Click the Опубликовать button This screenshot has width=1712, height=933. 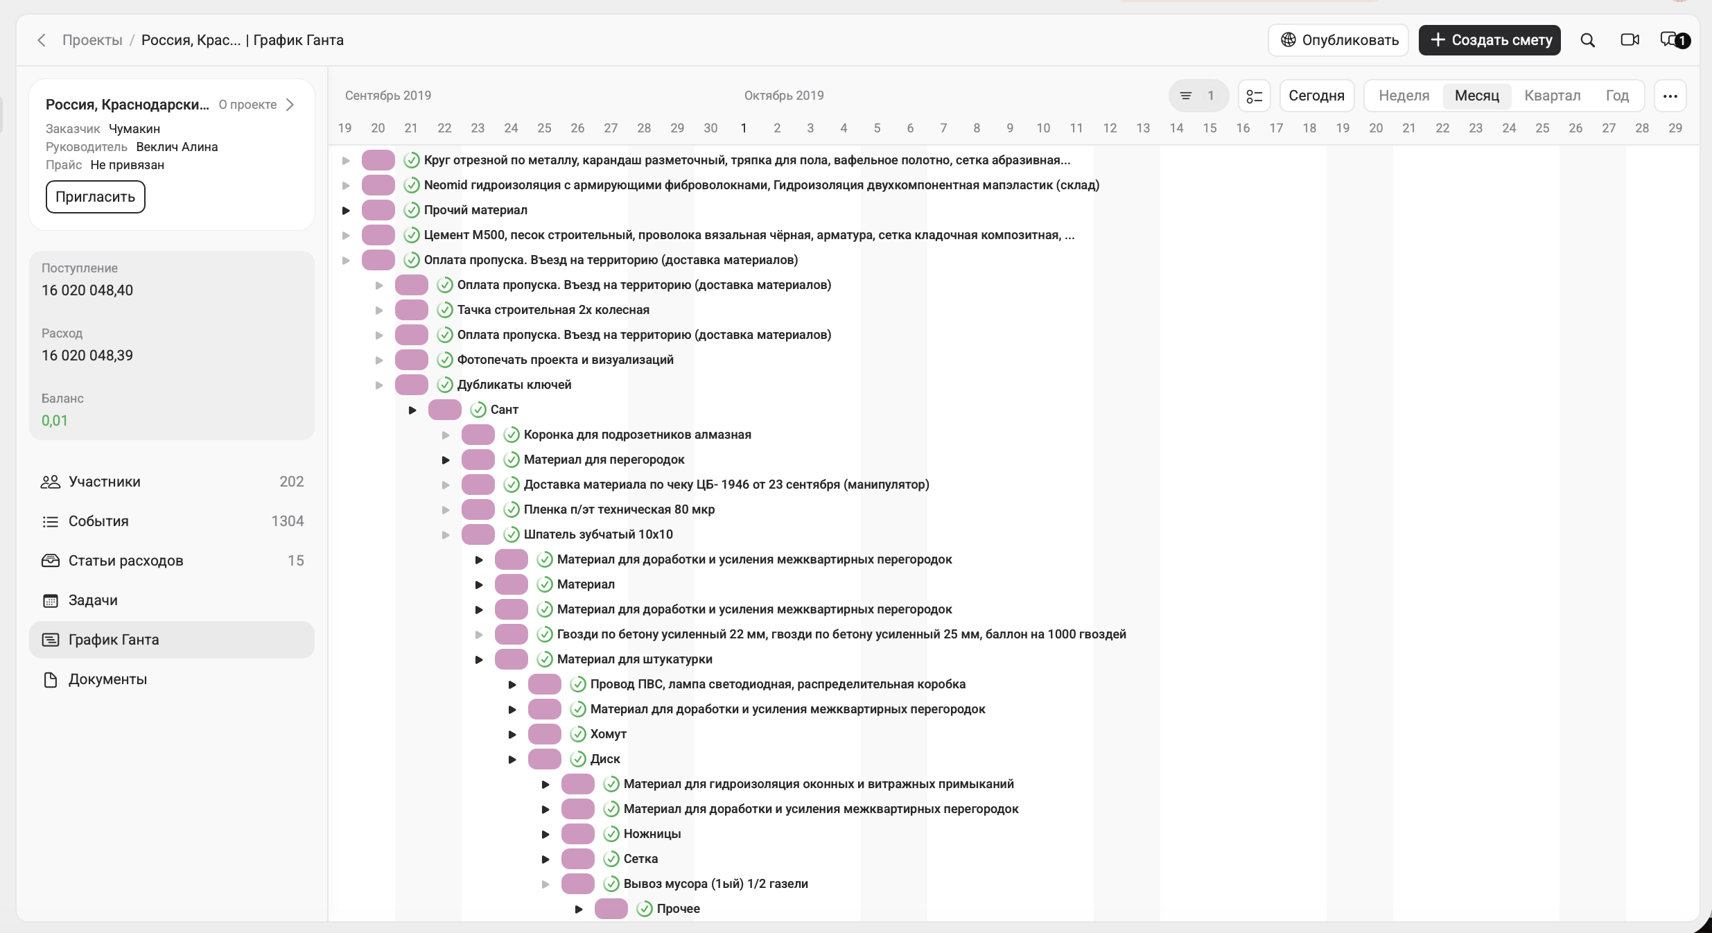1338,40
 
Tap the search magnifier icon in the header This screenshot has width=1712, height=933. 1587,40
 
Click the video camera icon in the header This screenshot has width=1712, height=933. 1630,40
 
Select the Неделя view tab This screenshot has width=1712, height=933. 1404,96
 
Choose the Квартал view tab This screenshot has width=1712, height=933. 1552,96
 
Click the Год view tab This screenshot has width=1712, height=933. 1617,96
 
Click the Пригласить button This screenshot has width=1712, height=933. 96,197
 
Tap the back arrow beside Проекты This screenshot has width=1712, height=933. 42,40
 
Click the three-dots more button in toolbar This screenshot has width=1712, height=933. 1670,96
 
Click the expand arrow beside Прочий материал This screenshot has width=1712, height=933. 346,210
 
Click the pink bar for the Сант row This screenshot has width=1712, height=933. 445,410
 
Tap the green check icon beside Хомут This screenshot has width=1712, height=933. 578,734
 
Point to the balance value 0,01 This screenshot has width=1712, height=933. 55,421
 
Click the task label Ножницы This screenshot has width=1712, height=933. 652,834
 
